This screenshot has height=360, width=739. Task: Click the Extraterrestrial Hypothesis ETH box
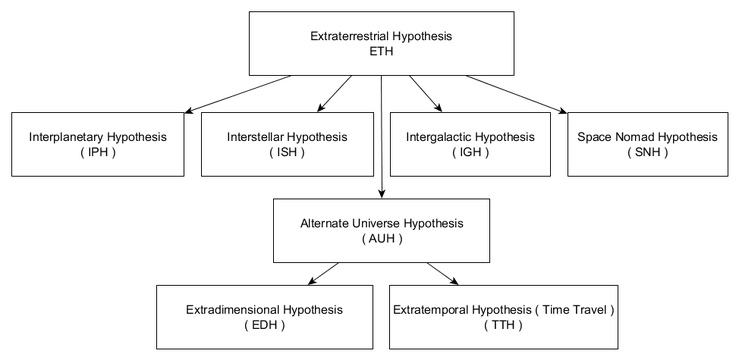382,43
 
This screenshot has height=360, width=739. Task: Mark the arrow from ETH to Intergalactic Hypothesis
425,91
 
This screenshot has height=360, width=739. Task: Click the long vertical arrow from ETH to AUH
381,140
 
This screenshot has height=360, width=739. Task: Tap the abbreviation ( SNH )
649,152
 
